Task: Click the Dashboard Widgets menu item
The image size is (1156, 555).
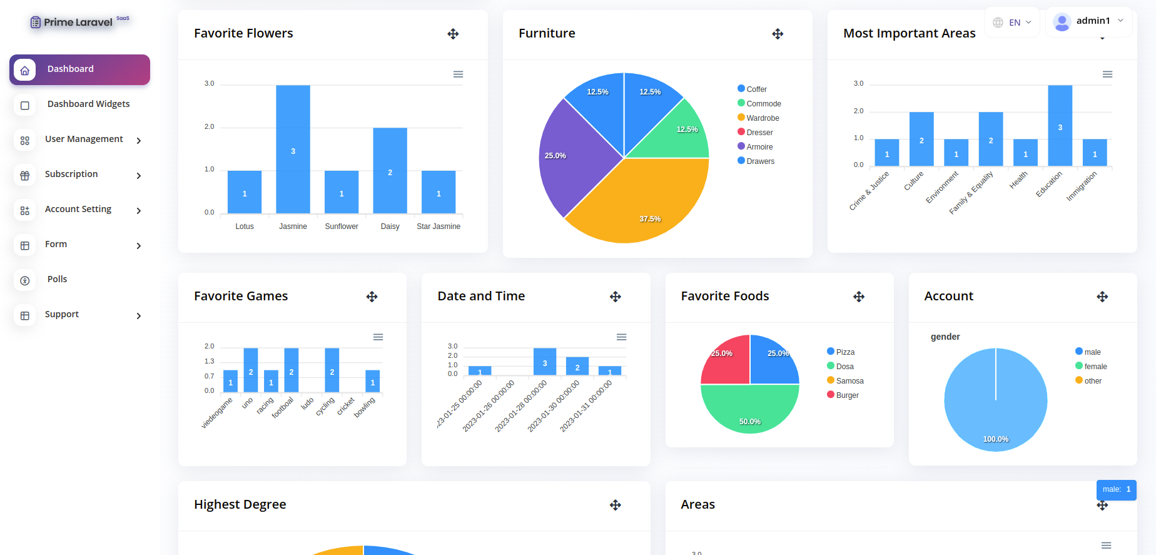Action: click(88, 104)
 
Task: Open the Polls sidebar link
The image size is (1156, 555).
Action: click(57, 279)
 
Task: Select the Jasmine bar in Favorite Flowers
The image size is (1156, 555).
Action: click(293, 150)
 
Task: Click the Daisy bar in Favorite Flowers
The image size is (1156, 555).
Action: click(390, 171)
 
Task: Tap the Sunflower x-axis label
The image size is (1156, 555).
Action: click(342, 227)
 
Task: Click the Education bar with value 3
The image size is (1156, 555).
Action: click(1060, 125)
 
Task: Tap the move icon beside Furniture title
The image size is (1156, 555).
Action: click(778, 34)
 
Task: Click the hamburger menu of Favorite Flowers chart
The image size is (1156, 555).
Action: click(458, 74)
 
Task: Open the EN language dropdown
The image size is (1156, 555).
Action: click(1011, 23)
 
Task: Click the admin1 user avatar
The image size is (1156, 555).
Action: click(1062, 22)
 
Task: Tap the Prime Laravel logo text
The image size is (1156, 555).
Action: click(78, 23)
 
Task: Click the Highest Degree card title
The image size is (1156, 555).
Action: click(240, 504)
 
